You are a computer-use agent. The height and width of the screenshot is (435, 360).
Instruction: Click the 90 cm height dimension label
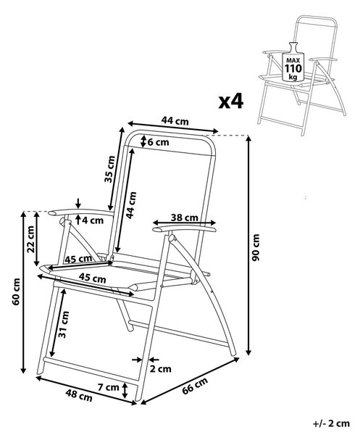point(256,247)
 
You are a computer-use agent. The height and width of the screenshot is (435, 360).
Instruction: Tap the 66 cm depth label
point(195,386)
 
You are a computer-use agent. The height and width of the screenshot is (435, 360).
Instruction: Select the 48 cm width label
point(79,395)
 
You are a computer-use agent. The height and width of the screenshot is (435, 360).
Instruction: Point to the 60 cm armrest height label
point(16,291)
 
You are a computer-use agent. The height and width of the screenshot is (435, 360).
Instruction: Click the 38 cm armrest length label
point(184,217)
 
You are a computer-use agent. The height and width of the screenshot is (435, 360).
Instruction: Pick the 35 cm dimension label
point(109,169)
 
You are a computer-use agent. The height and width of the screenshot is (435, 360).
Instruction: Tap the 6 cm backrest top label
point(158,142)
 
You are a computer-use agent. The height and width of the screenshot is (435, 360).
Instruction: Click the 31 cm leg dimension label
point(63,325)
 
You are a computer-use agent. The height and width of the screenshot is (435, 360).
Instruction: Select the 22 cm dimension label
point(30,239)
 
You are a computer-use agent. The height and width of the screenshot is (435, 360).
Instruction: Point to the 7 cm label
point(109,387)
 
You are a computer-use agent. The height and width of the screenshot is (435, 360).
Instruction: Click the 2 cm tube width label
point(161,369)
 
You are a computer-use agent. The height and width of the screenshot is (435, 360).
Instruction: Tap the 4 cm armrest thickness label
point(93,220)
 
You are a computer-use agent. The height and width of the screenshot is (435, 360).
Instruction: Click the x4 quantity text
point(231,101)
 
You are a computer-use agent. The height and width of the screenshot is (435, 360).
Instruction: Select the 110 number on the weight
point(293,68)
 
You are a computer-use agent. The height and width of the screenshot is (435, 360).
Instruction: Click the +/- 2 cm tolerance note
point(331,423)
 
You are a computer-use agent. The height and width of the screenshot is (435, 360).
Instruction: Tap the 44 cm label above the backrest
point(175,121)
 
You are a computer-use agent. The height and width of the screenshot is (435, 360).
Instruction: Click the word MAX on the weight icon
point(293,60)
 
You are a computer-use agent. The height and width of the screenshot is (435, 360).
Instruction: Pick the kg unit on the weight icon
point(293,77)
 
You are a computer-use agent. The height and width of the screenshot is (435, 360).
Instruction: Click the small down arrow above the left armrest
point(78,203)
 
